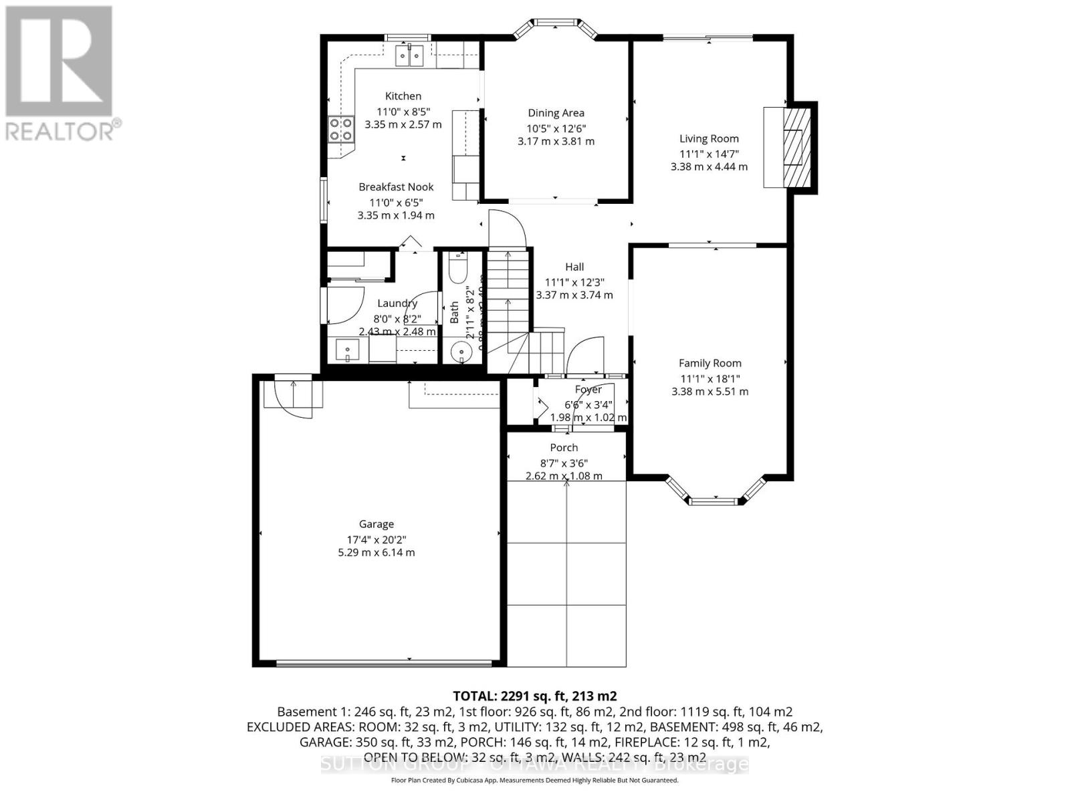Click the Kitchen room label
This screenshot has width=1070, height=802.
click(x=403, y=96)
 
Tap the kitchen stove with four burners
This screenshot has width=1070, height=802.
click(x=341, y=129)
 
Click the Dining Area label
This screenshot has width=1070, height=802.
click(x=556, y=113)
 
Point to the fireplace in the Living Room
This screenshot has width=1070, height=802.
click(x=794, y=147)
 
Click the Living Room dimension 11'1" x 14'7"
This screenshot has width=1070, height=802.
click(x=709, y=154)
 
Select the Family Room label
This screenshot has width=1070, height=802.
click(x=710, y=364)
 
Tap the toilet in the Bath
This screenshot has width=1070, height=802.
click(x=459, y=270)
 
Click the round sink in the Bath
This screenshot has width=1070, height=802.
click(x=461, y=352)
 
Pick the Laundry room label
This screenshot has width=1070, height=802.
click(x=397, y=303)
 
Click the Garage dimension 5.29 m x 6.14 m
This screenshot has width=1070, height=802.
click(x=377, y=553)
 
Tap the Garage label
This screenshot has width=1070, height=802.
click(x=377, y=525)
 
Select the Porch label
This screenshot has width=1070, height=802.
click(x=564, y=448)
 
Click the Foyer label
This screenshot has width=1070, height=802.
click(x=588, y=390)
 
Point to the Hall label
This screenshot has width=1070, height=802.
click(x=574, y=267)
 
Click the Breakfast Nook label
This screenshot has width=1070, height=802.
click(x=396, y=187)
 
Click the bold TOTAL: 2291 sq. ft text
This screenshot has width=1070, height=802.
click(x=534, y=696)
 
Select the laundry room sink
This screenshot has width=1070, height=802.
click(x=348, y=350)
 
